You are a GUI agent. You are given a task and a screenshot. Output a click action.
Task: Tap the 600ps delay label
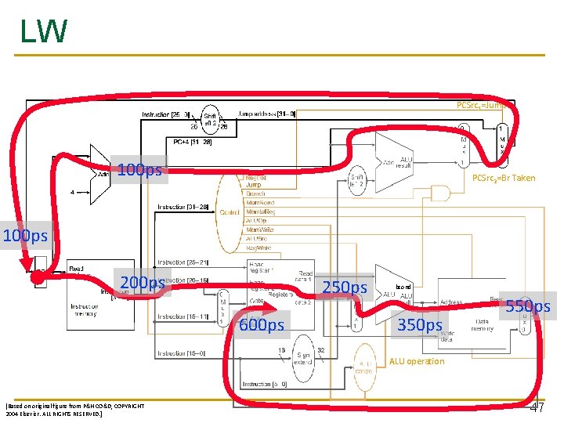[x=262, y=324]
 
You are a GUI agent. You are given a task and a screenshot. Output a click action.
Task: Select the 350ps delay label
[x=421, y=324]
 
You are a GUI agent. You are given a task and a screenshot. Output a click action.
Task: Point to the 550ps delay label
[x=528, y=306]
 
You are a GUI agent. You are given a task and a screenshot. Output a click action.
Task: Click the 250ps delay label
[x=345, y=288]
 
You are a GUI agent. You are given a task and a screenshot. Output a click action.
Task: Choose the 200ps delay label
[x=142, y=283]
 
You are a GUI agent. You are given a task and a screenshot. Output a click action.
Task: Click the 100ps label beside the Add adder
[x=139, y=169]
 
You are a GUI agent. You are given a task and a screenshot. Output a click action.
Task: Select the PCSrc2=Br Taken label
[x=504, y=178]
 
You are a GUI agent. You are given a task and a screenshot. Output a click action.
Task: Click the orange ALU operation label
[x=416, y=361]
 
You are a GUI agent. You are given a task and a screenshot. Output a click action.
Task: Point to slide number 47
[x=537, y=408]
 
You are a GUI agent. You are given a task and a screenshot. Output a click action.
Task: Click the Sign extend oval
[x=303, y=360]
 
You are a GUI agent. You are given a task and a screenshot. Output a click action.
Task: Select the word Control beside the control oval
[x=230, y=211]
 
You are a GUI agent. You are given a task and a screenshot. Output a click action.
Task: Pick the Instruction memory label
[x=85, y=310]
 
